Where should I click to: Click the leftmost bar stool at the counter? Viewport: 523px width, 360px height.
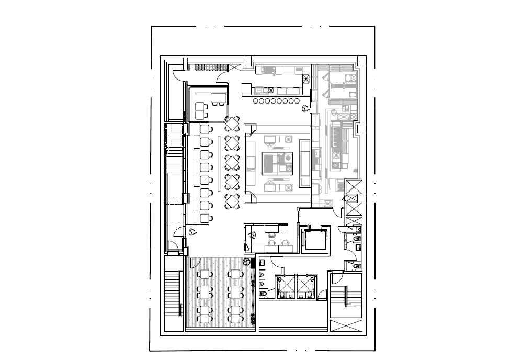click(x=256, y=100)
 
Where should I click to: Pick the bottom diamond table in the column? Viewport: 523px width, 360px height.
click(x=232, y=200)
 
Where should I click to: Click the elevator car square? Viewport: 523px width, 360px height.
click(x=315, y=239)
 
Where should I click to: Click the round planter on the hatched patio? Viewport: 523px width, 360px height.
click(x=246, y=261)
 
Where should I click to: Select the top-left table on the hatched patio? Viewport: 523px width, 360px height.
click(x=204, y=274)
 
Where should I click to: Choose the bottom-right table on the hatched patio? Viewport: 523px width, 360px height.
click(x=236, y=314)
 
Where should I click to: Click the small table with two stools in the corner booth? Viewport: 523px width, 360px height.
click(x=218, y=99)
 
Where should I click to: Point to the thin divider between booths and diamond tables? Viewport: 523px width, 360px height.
click(x=219, y=163)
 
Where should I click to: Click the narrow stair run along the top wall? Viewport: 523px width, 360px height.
click(x=211, y=67)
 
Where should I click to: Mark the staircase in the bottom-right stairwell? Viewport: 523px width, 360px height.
click(x=347, y=297)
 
